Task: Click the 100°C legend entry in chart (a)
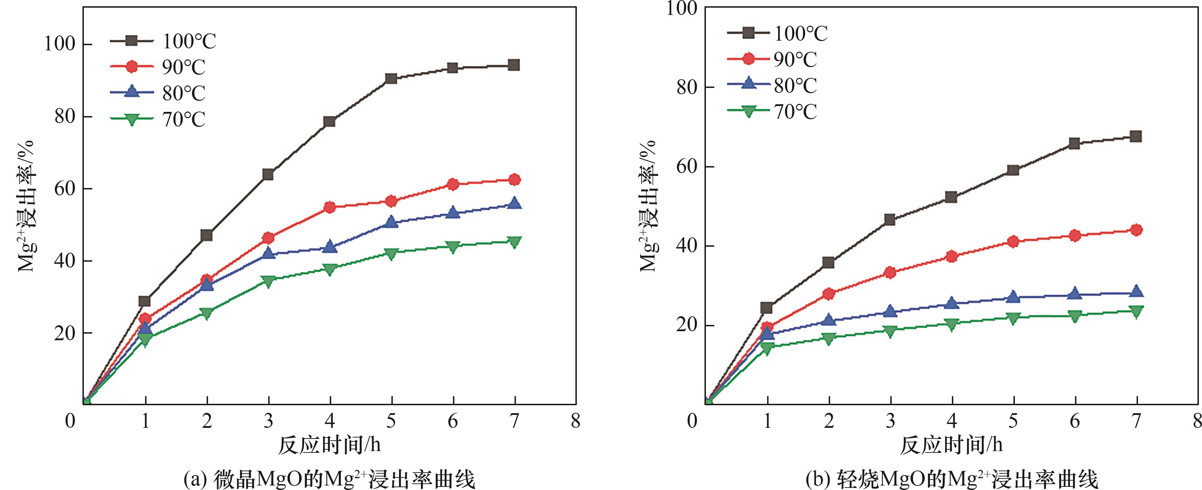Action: tap(163, 41)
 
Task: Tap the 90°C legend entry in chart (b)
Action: tap(772, 59)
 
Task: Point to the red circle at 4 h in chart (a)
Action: tap(330, 207)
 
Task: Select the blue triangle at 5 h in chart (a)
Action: tap(391, 222)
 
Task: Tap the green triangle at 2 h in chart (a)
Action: tap(207, 313)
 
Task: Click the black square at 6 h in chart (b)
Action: tap(1074, 143)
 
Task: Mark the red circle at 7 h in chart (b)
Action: tap(1136, 230)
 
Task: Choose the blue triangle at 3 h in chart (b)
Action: tap(890, 311)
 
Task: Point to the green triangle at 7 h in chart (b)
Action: tap(1136, 311)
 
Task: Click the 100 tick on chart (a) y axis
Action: tap(59, 44)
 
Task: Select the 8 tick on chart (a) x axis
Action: tap(576, 421)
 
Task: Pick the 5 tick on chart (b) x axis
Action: tap(1013, 421)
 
